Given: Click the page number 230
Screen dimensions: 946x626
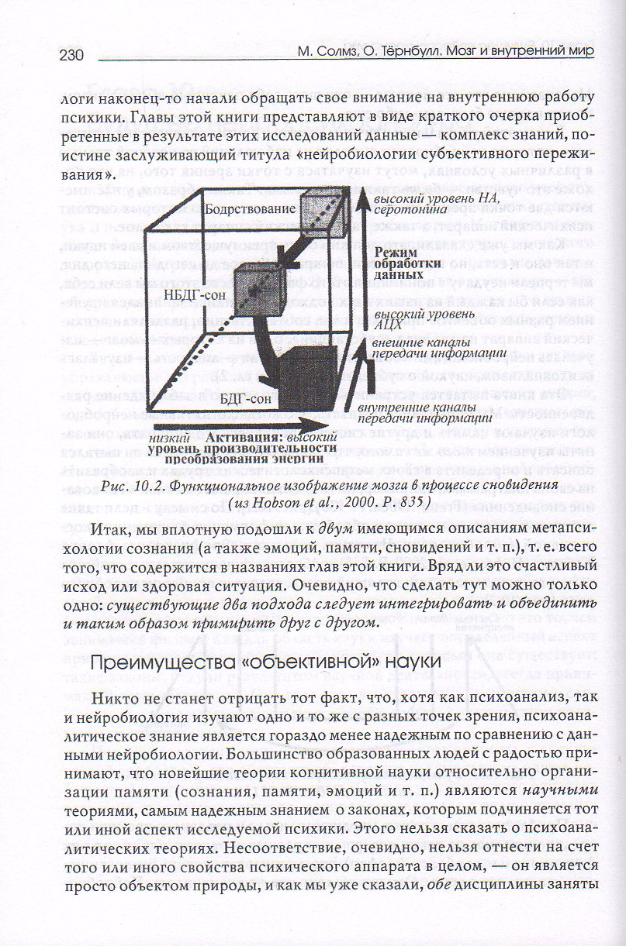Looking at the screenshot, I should (x=71, y=56).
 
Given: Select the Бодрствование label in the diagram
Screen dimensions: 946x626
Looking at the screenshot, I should (x=251, y=209).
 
